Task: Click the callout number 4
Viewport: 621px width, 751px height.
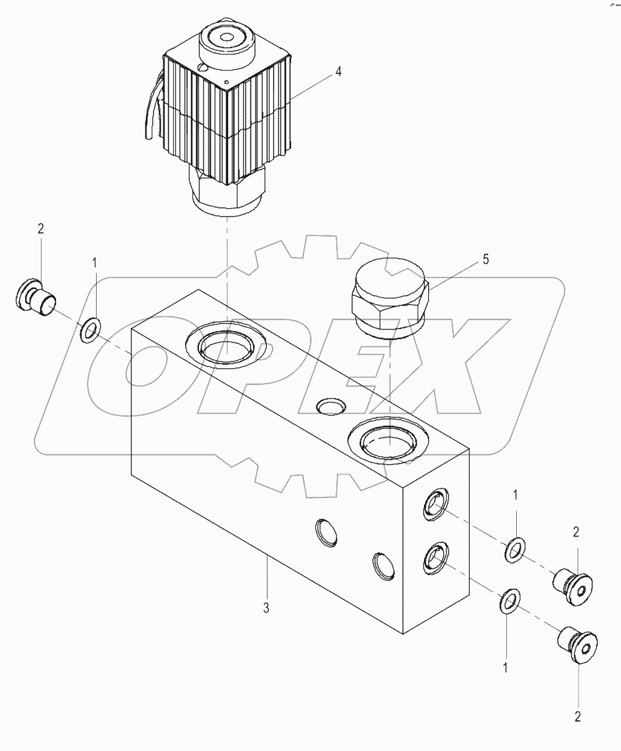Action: (x=338, y=72)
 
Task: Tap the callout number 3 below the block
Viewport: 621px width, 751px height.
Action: (x=266, y=608)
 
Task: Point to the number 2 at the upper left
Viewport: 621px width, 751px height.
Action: (x=41, y=229)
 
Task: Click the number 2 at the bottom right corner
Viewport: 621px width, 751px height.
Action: (x=577, y=717)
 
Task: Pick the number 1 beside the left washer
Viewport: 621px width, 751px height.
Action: (x=95, y=264)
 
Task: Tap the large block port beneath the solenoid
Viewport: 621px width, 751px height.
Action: (x=227, y=347)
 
